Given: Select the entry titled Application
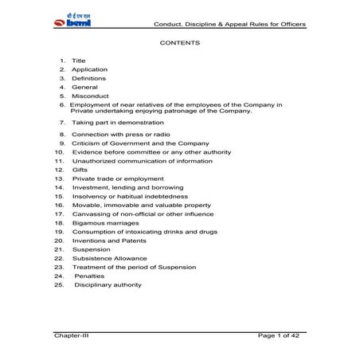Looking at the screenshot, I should pos(89,69).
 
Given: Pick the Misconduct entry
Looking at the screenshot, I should pos(90,96).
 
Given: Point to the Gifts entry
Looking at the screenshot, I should pos(80,170).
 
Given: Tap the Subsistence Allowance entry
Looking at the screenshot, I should pos(109,258).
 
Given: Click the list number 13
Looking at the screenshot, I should pos(59,178).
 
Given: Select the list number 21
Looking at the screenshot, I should pos(59,249).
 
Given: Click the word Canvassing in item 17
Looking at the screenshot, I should pos(92,213).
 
